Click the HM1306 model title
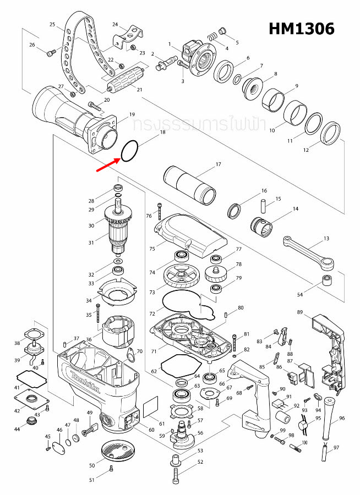click(301, 29)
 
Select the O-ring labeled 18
click(130, 151)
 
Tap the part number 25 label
click(53, 25)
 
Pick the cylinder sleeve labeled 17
click(190, 184)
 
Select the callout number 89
click(300, 312)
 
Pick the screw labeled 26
click(51, 52)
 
